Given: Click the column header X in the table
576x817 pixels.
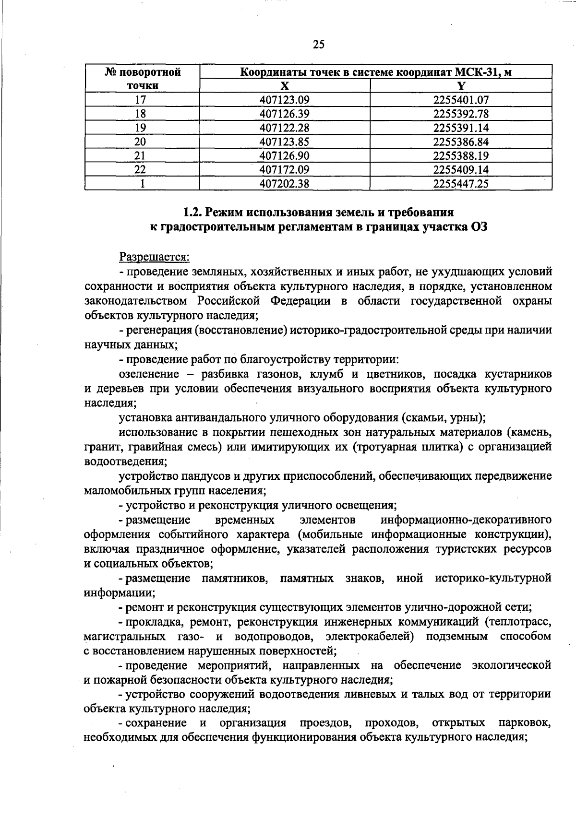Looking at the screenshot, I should [285, 86].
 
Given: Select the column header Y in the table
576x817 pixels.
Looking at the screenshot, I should [461, 86].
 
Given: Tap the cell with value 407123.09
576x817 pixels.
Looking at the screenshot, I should [285, 100].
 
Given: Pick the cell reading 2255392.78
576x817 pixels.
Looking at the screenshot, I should [461, 114].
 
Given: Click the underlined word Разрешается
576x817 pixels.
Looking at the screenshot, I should [155, 258].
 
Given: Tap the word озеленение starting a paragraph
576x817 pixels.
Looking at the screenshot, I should [149, 374].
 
